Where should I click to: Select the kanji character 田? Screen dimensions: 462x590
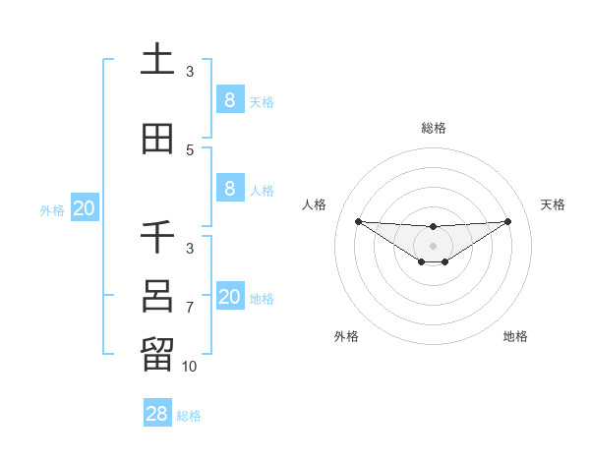click(157, 139)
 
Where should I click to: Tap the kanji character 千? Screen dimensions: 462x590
click(157, 237)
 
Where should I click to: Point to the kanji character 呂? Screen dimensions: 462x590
click(157, 296)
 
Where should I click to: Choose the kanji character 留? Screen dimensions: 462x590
click(157, 355)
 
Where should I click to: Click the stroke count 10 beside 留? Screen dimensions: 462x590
click(189, 367)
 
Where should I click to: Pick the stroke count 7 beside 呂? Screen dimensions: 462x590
click(190, 308)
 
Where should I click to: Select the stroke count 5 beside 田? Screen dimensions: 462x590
click(190, 150)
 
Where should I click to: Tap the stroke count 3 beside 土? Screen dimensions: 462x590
click(190, 72)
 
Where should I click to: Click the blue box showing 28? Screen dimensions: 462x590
click(157, 414)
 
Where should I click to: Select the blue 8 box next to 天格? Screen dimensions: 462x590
click(229, 99)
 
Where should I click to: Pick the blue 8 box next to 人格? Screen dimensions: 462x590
click(229, 188)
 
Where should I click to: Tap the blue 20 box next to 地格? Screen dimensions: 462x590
click(229, 296)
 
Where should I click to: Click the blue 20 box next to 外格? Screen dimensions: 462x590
click(84, 207)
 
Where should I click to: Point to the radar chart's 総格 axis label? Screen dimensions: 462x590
click(434, 128)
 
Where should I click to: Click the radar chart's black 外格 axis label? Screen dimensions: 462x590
click(346, 336)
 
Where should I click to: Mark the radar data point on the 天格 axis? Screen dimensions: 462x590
click(508, 221)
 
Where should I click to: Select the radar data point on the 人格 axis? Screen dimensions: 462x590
click(358, 221)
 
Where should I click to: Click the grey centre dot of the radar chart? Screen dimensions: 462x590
click(434, 246)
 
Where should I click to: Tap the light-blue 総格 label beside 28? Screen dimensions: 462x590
click(189, 416)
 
